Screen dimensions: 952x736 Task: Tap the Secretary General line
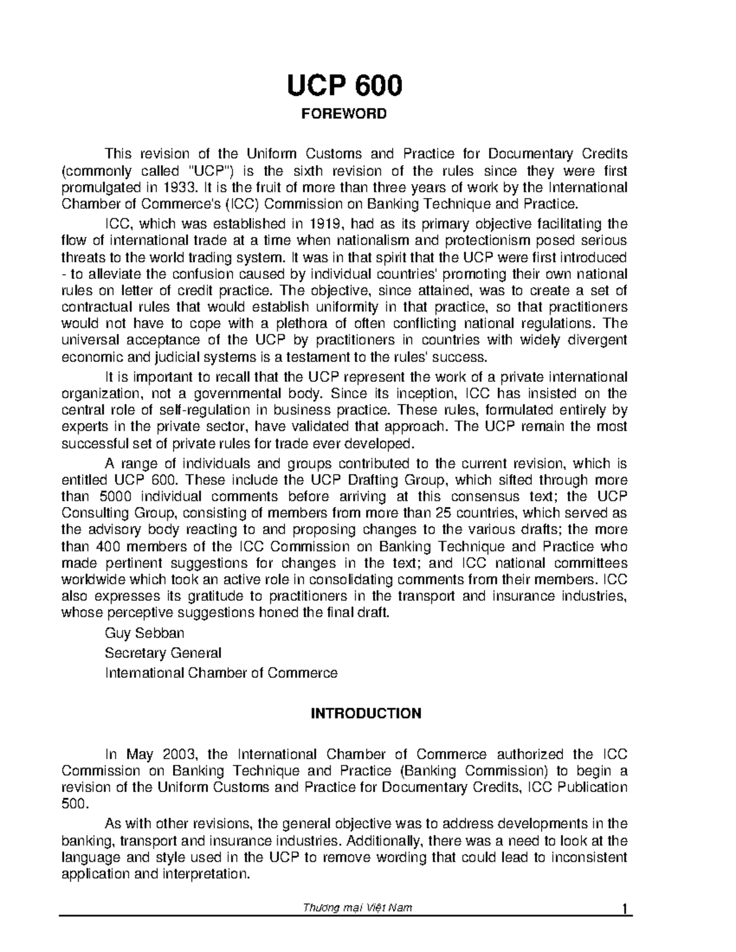coord(163,653)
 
